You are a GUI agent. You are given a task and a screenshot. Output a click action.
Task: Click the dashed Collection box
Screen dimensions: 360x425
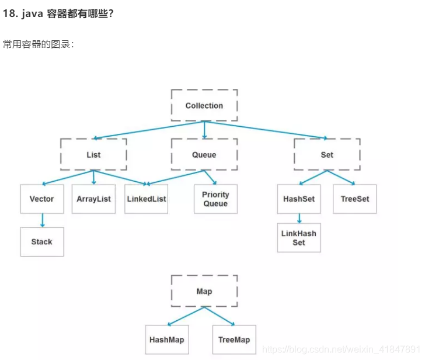pyautogui.click(x=204, y=106)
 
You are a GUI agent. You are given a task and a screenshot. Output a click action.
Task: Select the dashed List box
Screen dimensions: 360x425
pyautogui.click(x=93, y=155)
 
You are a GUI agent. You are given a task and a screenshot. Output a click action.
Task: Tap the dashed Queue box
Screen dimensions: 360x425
pyautogui.click(x=204, y=155)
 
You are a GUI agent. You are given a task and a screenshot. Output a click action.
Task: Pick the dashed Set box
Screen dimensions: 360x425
pyautogui.click(x=327, y=155)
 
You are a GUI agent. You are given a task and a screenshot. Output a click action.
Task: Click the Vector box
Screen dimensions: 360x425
pyautogui.click(x=42, y=199)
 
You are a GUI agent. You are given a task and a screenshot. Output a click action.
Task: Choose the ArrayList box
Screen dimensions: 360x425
pyautogui.click(x=93, y=199)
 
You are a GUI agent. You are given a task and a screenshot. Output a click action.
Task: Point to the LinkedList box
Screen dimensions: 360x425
pyautogui.click(x=146, y=199)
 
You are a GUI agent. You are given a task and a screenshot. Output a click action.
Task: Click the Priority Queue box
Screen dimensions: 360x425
pyautogui.click(x=215, y=199)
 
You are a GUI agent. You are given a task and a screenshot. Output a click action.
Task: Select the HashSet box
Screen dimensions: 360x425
pyautogui.click(x=299, y=199)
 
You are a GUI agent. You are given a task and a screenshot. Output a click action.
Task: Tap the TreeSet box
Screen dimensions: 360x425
pyautogui.click(x=355, y=199)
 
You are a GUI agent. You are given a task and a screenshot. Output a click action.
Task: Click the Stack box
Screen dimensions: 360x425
pyautogui.click(x=42, y=242)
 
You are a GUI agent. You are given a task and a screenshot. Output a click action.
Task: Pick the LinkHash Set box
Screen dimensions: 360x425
pyautogui.click(x=299, y=238)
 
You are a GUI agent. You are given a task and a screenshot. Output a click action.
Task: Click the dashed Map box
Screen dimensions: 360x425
pyautogui.click(x=204, y=291)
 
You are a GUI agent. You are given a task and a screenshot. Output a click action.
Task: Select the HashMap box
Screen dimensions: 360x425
pyautogui.click(x=167, y=340)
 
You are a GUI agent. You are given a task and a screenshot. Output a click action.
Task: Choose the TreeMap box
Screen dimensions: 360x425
pyautogui.click(x=234, y=340)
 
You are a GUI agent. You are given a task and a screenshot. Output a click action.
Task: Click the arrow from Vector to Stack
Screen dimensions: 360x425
pyautogui.click(x=42, y=220)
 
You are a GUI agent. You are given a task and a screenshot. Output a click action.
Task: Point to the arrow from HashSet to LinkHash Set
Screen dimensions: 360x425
pyautogui.click(x=299, y=219)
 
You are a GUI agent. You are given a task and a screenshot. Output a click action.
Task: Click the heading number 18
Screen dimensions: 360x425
pyautogui.click(x=10, y=13)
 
